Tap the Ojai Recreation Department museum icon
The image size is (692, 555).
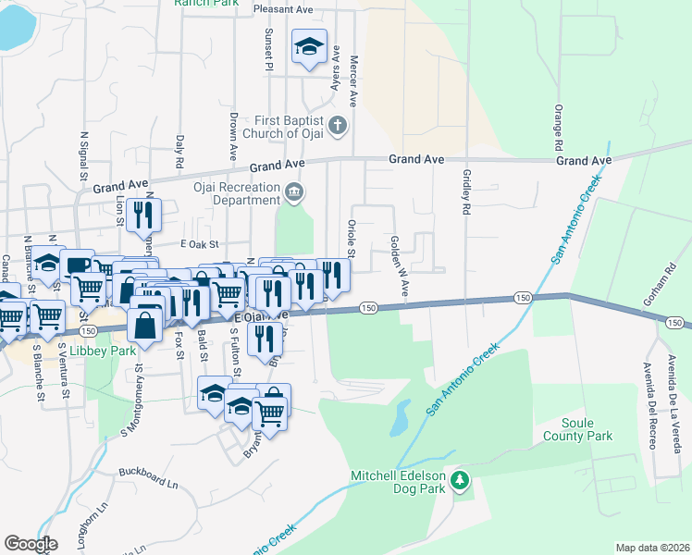pyautogui.click(x=294, y=192)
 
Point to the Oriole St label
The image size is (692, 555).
pyautogui.click(x=352, y=238)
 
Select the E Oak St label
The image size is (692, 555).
pyautogui.click(x=197, y=244)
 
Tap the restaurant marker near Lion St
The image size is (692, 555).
pyautogui.click(x=142, y=216)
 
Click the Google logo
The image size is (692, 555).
pyautogui.click(x=31, y=543)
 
